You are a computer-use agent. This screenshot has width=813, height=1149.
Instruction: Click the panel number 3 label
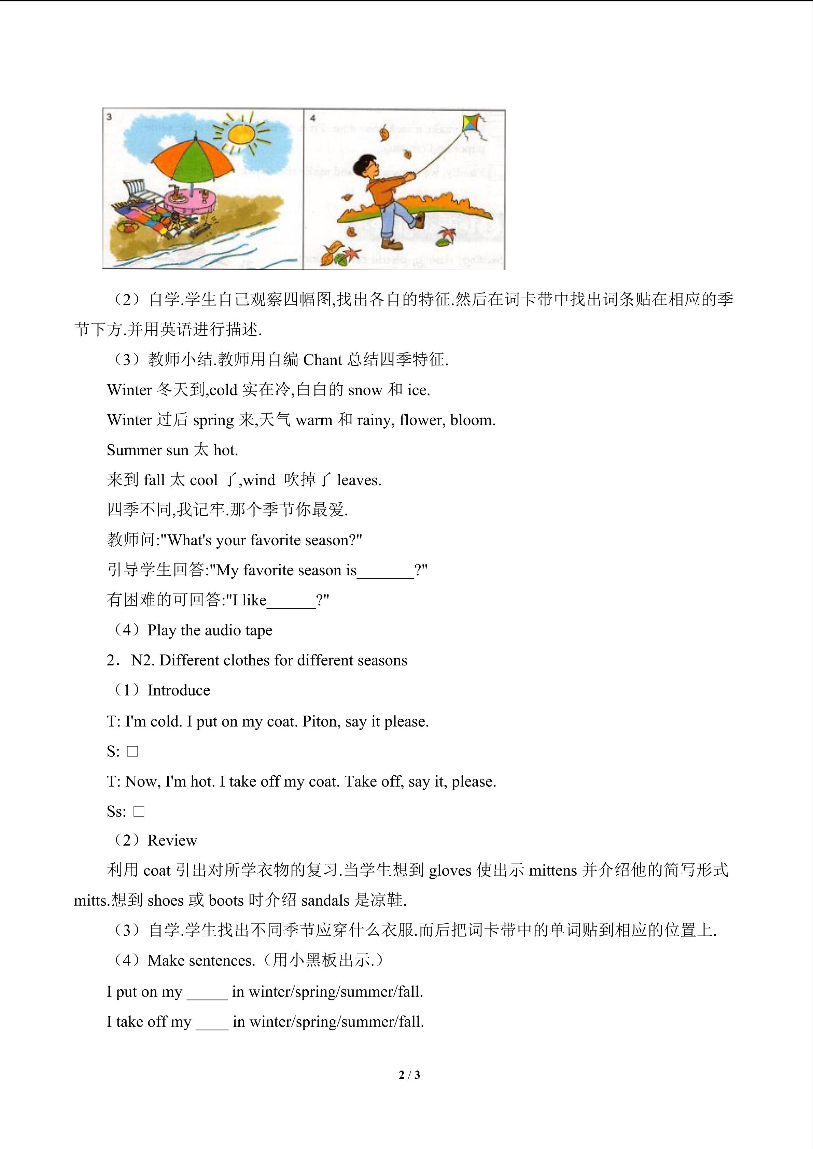click(x=109, y=117)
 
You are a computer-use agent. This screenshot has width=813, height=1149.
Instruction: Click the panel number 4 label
click(x=313, y=118)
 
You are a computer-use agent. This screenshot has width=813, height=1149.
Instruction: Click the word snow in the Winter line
click(x=365, y=390)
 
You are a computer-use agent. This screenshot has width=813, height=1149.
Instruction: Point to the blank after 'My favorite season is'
click(x=386, y=571)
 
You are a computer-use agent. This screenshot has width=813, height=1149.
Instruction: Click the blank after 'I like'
click(x=291, y=601)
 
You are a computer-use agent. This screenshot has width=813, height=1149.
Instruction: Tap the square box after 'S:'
click(x=133, y=751)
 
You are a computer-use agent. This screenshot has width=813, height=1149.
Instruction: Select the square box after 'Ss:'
click(x=139, y=811)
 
